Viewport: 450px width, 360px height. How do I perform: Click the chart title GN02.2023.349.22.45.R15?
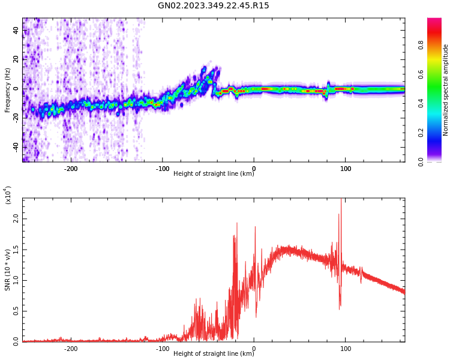[214, 6]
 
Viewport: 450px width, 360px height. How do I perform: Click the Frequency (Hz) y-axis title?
[8, 90]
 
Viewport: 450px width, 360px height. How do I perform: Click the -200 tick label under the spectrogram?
[71, 169]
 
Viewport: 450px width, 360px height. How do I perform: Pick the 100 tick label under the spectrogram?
[346, 169]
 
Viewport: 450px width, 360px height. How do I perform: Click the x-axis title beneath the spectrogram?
[214, 174]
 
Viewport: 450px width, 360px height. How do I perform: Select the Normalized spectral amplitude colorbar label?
[446, 90]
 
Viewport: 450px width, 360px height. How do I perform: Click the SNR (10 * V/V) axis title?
[8, 270]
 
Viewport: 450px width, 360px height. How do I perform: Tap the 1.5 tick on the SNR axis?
[17, 250]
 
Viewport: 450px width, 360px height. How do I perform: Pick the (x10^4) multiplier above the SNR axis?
[8, 195]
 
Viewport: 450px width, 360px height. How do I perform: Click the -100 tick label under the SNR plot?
[162, 349]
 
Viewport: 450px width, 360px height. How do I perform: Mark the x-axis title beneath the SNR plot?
[214, 354]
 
